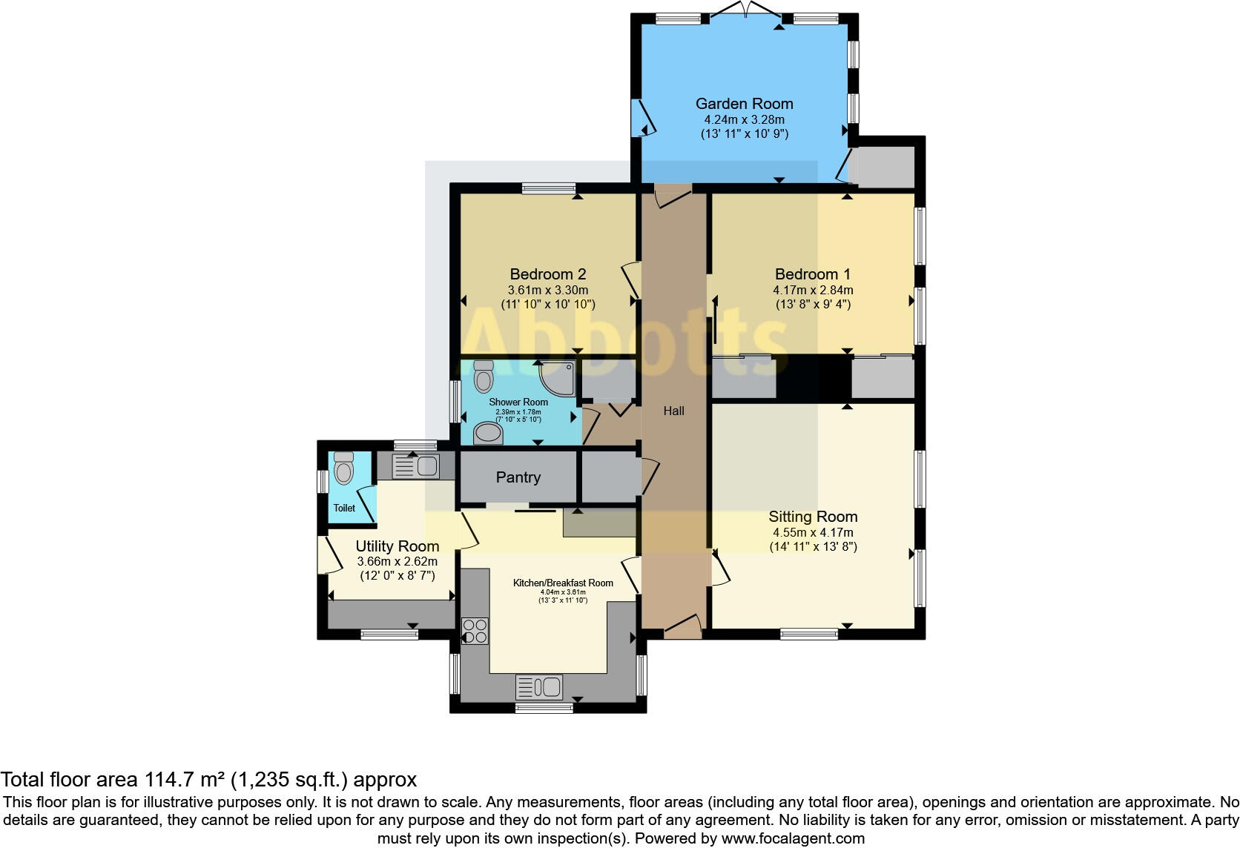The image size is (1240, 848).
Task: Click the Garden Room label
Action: click(x=744, y=104)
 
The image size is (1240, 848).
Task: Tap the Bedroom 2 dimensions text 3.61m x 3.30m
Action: click(x=547, y=291)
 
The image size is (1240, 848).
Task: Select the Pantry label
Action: click(x=518, y=477)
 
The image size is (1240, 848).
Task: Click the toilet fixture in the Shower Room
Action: click(x=484, y=376)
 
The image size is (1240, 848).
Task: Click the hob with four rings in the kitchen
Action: click(x=475, y=631)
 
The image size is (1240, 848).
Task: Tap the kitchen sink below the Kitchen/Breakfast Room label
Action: click(x=539, y=687)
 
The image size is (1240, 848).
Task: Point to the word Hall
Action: click(x=673, y=411)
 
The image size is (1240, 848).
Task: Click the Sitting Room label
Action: click(x=813, y=517)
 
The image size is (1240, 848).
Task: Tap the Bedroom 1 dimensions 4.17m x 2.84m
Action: click(x=813, y=291)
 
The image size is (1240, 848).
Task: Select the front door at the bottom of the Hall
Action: click(x=682, y=627)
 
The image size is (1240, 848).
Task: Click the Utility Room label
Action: click(x=397, y=546)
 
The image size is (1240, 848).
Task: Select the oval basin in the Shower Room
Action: click(x=487, y=432)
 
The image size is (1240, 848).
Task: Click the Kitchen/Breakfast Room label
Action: click(x=563, y=583)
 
